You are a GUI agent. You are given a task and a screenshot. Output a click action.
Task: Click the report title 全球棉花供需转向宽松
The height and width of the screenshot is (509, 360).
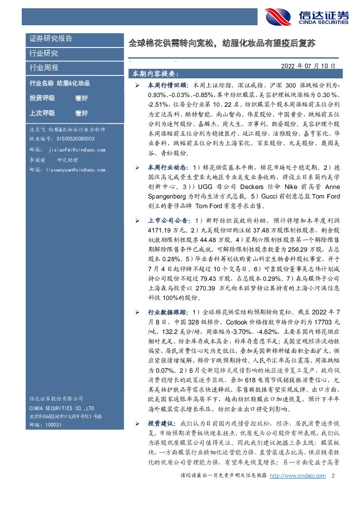pos(222,44)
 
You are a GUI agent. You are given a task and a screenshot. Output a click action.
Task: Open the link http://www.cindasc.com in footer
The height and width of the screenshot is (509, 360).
pos(298,476)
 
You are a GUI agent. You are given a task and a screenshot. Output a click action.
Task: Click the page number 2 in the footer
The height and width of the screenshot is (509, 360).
pos(333,476)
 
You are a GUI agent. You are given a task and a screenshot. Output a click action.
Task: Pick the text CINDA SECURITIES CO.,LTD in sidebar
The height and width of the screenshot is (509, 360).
pos(61,408)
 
